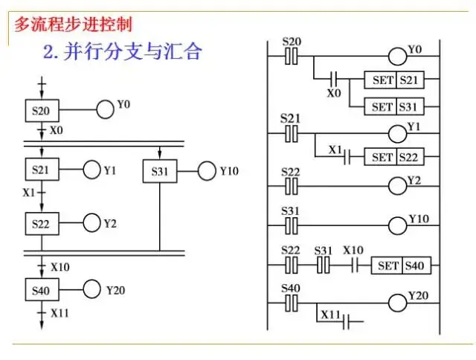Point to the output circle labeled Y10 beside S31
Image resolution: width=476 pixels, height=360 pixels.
[x=206, y=172]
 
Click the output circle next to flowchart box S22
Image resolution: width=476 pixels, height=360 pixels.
[x=91, y=222]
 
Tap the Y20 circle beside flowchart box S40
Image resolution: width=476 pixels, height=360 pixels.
[x=93, y=290]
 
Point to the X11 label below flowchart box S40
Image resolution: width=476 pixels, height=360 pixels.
[x=59, y=313]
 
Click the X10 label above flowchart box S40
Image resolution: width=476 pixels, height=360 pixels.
[x=59, y=267]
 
